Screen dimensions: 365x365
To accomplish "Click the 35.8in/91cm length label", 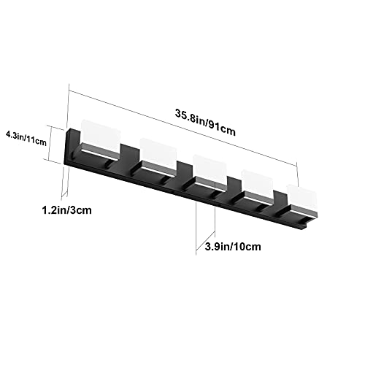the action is click(205, 123).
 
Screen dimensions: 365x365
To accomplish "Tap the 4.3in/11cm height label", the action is click(26, 138).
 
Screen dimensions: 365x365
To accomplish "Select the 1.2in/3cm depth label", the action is click(67, 210).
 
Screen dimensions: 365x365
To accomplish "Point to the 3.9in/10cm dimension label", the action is click(233, 247).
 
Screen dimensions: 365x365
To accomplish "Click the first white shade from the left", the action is click(101, 134).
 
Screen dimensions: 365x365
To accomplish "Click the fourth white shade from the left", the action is click(257, 183).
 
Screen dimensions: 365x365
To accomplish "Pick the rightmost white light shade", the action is click(302, 197).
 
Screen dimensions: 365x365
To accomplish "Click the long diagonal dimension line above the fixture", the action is click(183, 128).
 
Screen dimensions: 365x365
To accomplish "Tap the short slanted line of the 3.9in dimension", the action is click(206, 241).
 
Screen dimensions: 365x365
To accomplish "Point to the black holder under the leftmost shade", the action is click(97, 155).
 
